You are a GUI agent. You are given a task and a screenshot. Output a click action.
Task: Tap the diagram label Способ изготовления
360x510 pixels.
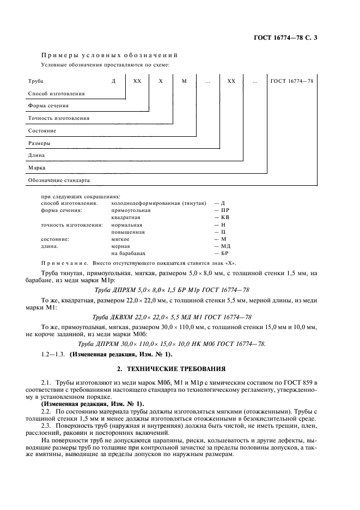(x=56, y=93)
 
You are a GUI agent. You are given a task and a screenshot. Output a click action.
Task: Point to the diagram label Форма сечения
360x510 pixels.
(x=48, y=105)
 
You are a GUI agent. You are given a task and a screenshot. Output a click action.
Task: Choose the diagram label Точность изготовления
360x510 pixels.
(x=58, y=118)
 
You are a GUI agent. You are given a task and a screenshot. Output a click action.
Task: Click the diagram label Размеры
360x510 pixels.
(x=39, y=143)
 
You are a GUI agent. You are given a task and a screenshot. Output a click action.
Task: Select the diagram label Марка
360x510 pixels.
(x=36, y=167)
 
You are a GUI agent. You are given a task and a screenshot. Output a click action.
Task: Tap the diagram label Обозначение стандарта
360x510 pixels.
(x=58, y=179)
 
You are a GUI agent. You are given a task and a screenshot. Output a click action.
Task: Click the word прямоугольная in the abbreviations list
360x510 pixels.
(x=131, y=210)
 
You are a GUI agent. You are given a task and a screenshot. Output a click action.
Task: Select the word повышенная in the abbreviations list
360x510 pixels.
(x=127, y=232)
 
